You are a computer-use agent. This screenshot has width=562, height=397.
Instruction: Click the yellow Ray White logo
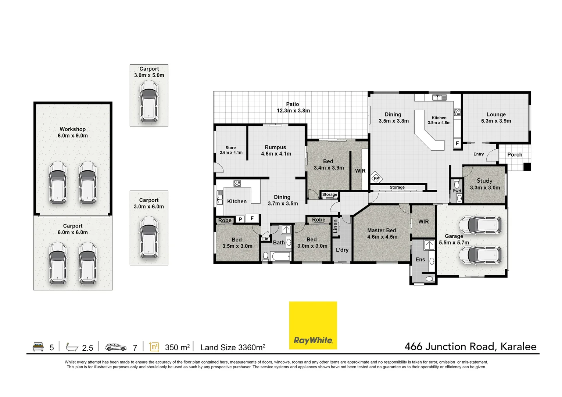click(x=313, y=325)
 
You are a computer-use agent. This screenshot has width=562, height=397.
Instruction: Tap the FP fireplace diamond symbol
click(x=376, y=179)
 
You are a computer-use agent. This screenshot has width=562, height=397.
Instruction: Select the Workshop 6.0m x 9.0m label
click(x=73, y=132)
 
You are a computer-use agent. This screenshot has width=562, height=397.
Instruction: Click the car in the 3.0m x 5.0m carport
click(x=149, y=101)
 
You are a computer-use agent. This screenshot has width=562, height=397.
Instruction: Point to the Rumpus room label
click(x=276, y=150)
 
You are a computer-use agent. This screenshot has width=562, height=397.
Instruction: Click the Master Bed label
click(x=382, y=233)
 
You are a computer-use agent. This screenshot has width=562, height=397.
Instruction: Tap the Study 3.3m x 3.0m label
click(x=485, y=184)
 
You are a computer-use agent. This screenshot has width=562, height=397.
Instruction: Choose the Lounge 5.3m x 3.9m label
click(x=496, y=118)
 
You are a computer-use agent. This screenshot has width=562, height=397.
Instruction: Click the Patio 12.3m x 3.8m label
click(x=293, y=107)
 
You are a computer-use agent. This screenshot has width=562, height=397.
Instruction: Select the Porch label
click(x=515, y=155)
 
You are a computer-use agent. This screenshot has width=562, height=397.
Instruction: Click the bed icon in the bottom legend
click(x=38, y=347)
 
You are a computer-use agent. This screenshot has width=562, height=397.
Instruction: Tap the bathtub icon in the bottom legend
click(x=72, y=347)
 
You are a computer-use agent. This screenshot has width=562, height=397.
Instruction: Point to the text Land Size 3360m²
click(x=233, y=347)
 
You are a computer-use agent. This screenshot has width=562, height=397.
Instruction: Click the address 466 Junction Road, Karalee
click(x=470, y=347)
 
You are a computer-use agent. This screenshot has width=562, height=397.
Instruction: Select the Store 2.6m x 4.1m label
click(x=231, y=150)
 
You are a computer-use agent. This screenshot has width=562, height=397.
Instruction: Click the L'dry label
click(x=342, y=250)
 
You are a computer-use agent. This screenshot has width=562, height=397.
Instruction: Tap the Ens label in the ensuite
click(x=420, y=260)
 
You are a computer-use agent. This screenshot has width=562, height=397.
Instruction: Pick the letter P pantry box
click(x=240, y=219)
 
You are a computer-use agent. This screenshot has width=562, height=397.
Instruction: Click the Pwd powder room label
click(x=457, y=191)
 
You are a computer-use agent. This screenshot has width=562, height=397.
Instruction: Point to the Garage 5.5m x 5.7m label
click(x=454, y=239)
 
